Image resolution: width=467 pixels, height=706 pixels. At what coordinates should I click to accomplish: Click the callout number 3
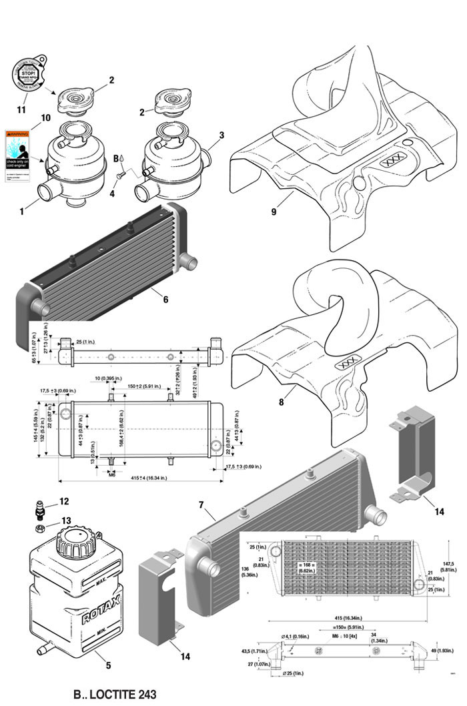pos(221,134)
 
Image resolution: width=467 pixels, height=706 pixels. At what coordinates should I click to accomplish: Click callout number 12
pos(64,501)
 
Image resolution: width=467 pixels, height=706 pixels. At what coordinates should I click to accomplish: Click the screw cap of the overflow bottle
pos(73,537)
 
